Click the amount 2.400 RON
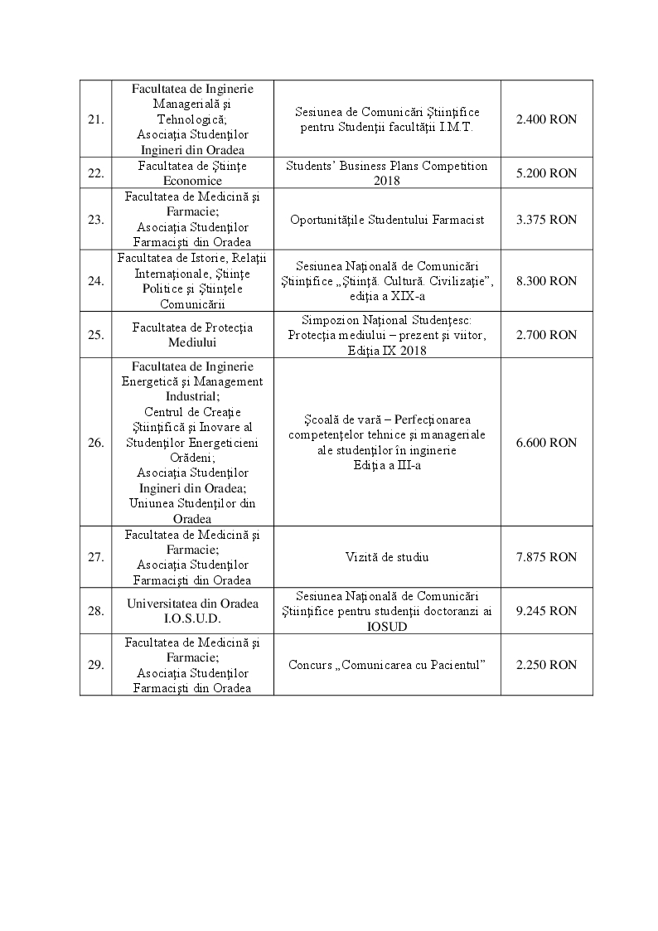(x=546, y=119)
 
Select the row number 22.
(x=95, y=173)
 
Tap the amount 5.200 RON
(x=546, y=173)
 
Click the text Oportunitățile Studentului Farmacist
(x=387, y=220)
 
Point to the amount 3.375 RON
(x=546, y=220)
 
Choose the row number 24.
(x=95, y=281)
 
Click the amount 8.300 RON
(x=546, y=281)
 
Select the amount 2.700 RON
(x=546, y=335)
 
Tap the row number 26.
(x=95, y=443)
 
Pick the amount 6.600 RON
(x=546, y=443)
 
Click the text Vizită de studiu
(x=387, y=557)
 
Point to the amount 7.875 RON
(x=546, y=557)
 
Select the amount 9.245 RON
(x=546, y=611)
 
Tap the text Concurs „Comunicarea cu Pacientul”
(x=387, y=665)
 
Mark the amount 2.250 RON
(x=546, y=665)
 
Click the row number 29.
(x=95, y=665)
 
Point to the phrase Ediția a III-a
(x=387, y=465)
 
